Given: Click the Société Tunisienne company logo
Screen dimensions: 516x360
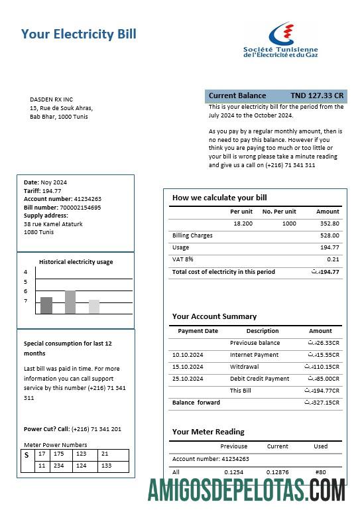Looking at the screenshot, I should click(x=280, y=40).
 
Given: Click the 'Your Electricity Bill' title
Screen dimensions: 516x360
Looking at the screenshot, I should click(x=79, y=34).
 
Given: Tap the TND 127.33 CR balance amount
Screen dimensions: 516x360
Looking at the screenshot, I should click(x=317, y=96).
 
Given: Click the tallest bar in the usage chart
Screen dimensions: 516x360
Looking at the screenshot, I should click(x=70, y=302).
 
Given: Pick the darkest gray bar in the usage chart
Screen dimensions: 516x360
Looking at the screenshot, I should click(x=46, y=305).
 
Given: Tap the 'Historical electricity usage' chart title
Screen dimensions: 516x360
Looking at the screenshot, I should click(x=76, y=262).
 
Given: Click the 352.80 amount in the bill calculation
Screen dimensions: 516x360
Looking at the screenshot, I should click(x=329, y=224).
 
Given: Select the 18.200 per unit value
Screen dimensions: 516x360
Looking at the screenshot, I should click(x=243, y=224).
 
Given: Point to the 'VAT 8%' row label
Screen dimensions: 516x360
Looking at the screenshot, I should click(x=182, y=259).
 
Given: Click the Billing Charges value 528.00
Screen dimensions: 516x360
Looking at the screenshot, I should click(x=329, y=235).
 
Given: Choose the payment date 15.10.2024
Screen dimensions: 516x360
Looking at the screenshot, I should click(x=187, y=367).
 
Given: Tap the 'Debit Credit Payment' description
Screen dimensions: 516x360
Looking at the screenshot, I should click(x=259, y=379).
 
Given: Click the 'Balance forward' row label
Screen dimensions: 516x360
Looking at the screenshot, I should click(x=196, y=403).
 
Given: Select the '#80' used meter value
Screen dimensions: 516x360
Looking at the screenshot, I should click(x=321, y=472).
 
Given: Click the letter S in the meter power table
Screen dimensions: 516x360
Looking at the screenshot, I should click(x=26, y=455).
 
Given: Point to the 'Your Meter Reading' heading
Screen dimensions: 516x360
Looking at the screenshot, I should click(x=208, y=432).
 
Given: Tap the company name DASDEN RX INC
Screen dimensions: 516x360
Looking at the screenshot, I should click(x=51, y=99).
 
